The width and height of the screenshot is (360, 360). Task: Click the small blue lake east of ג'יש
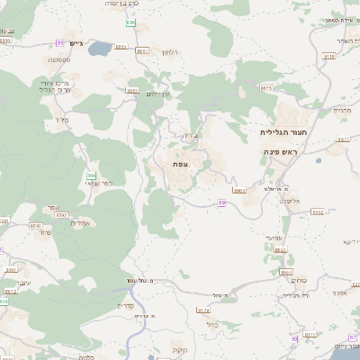point(97,47)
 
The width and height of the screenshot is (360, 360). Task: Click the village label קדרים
point(125,304)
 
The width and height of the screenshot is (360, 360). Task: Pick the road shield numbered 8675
point(265,88)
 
